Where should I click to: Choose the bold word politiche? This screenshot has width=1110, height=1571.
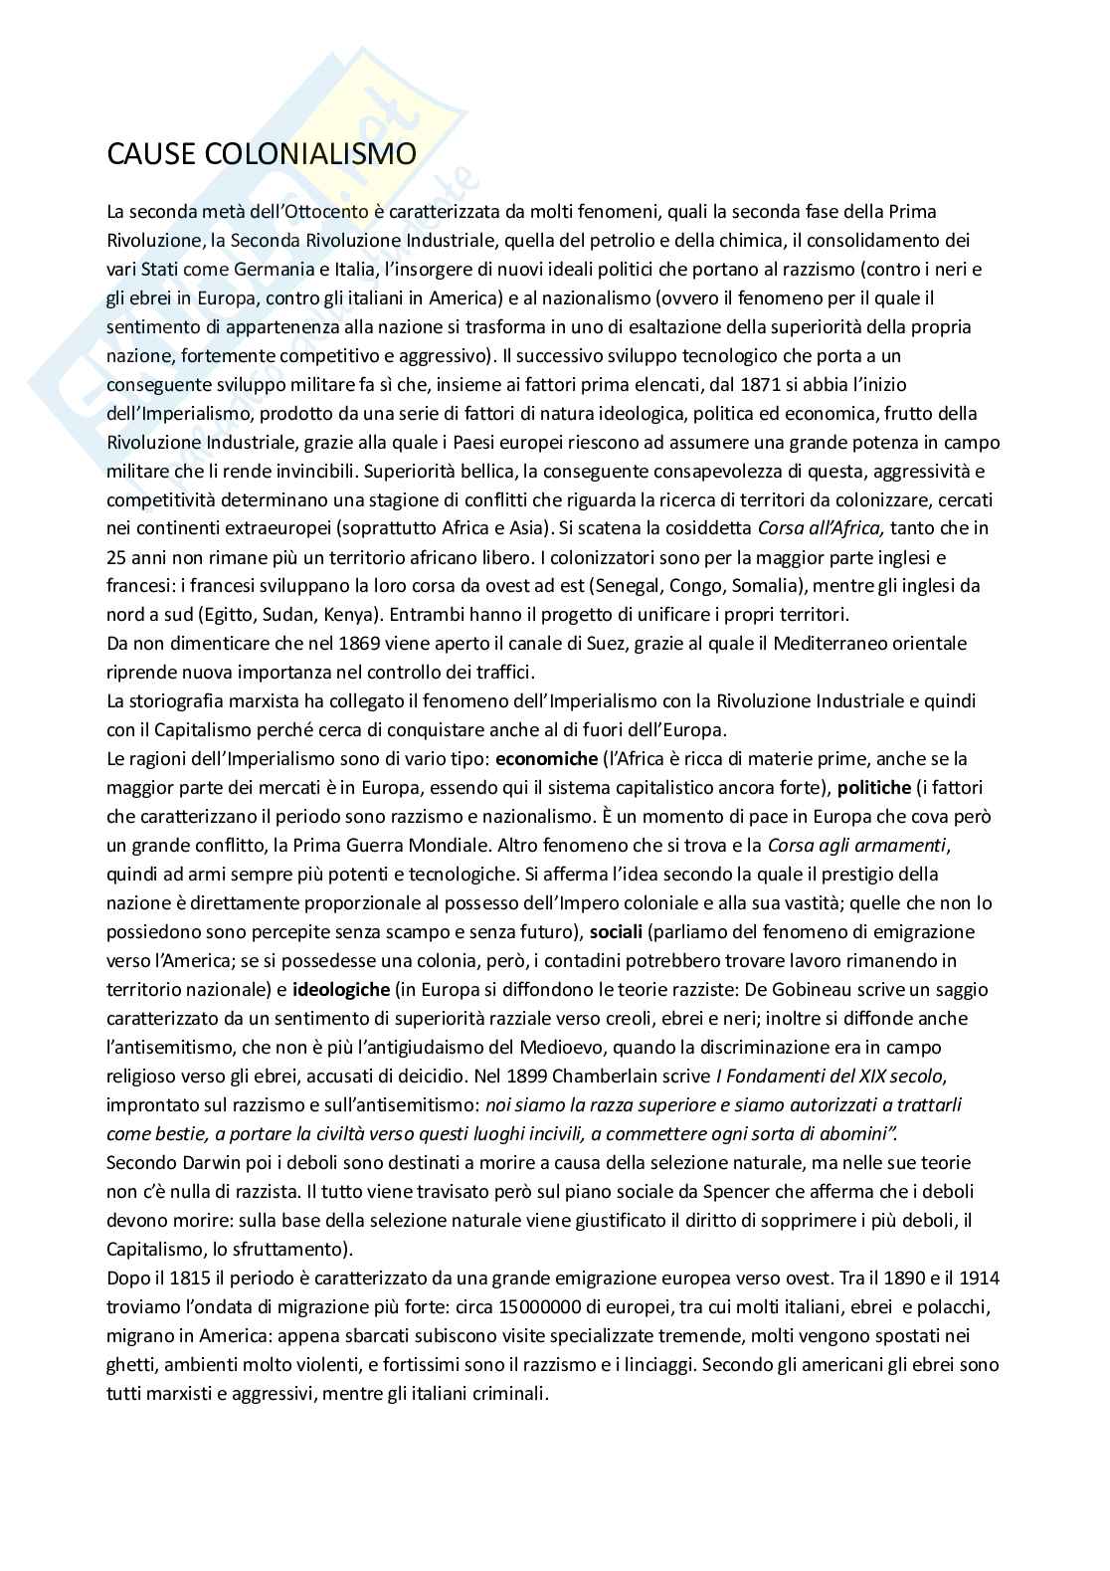(874, 788)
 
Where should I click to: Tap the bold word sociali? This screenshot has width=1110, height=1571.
(616, 932)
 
